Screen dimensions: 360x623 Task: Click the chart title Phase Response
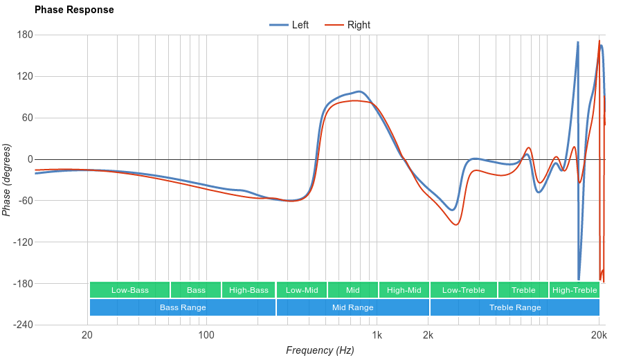click(x=74, y=10)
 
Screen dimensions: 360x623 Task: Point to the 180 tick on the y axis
click(x=25, y=35)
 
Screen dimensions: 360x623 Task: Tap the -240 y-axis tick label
click(x=23, y=325)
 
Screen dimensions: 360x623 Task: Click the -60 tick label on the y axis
click(x=25, y=201)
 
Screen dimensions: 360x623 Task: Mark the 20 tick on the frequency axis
click(x=87, y=336)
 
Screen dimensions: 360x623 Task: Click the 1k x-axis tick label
click(x=377, y=336)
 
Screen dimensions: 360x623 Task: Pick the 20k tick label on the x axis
click(x=599, y=336)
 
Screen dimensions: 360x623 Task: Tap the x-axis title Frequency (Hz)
click(x=320, y=350)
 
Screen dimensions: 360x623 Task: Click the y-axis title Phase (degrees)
click(x=7, y=180)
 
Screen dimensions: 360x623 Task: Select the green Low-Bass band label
click(x=129, y=290)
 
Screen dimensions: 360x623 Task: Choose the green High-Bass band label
click(x=249, y=290)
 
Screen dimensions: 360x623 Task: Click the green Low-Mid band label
click(x=302, y=290)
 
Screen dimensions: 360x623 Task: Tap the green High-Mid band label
click(x=404, y=290)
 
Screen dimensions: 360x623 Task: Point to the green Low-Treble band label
click(x=463, y=290)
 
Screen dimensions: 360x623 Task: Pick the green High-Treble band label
click(x=575, y=290)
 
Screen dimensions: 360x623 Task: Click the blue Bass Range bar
click(x=183, y=307)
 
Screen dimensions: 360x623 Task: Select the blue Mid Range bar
click(x=353, y=307)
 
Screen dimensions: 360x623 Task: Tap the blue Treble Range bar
click(x=515, y=307)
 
